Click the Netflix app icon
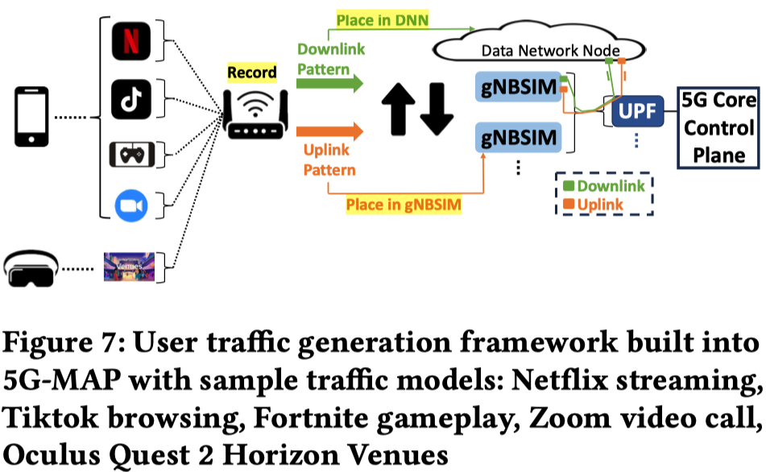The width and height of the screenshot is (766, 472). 131,41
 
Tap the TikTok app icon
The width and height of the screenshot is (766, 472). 131,99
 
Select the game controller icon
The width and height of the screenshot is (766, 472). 132,155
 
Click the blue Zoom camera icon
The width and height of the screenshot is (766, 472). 131,205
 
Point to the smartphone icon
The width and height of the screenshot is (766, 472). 31,117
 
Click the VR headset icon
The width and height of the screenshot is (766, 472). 31,269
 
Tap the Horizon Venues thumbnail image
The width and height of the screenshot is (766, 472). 129,267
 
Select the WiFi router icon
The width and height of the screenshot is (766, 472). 255,114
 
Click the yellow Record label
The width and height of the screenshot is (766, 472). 251,72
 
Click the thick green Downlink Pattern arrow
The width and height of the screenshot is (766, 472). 329,83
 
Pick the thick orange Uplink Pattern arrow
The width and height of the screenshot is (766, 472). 329,131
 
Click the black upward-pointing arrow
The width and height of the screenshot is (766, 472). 399,109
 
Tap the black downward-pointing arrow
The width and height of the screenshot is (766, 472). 437,109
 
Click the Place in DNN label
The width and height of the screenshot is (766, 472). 382,20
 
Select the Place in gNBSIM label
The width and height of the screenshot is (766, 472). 404,205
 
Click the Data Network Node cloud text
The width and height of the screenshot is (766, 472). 551,51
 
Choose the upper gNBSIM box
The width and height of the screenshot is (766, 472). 519,87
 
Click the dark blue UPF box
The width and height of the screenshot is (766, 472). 637,111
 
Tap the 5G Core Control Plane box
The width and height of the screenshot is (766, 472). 718,127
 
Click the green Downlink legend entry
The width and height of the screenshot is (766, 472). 604,186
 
